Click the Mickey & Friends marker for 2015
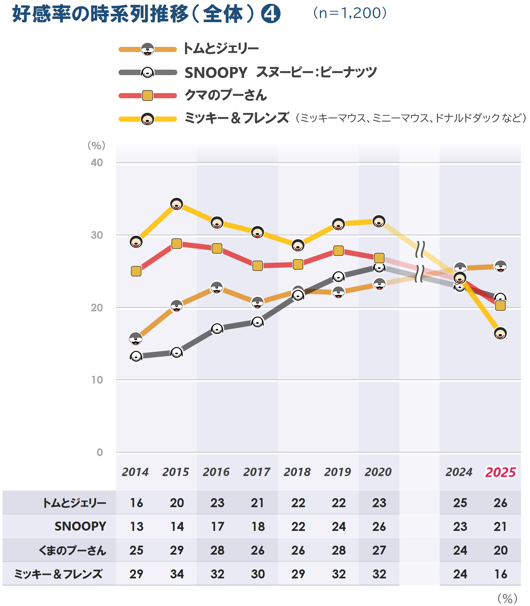[x=176, y=204]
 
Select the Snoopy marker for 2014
[x=136, y=356]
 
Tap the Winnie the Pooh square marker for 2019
[x=338, y=250]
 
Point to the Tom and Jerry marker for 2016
[x=217, y=288]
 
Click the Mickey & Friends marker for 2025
[x=500, y=333]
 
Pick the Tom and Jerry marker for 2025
[x=500, y=266]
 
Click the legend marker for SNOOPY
[x=147, y=73]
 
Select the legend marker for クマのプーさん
[x=147, y=95]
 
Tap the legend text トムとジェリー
[x=221, y=49]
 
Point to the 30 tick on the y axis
[x=97, y=235]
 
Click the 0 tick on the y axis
[x=100, y=453]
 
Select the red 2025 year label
[x=500, y=472]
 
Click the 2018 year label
[x=297, y=472]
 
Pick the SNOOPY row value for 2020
[x=379, y=527]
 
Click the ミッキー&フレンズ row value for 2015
[x=177, y=574]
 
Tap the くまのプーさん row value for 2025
[x=500, y=550]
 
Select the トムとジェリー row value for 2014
[x=136, y=503]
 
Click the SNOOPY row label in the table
[x=80, y=527]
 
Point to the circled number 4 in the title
[x=270, y=14]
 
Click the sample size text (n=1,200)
[x=350, y=13]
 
